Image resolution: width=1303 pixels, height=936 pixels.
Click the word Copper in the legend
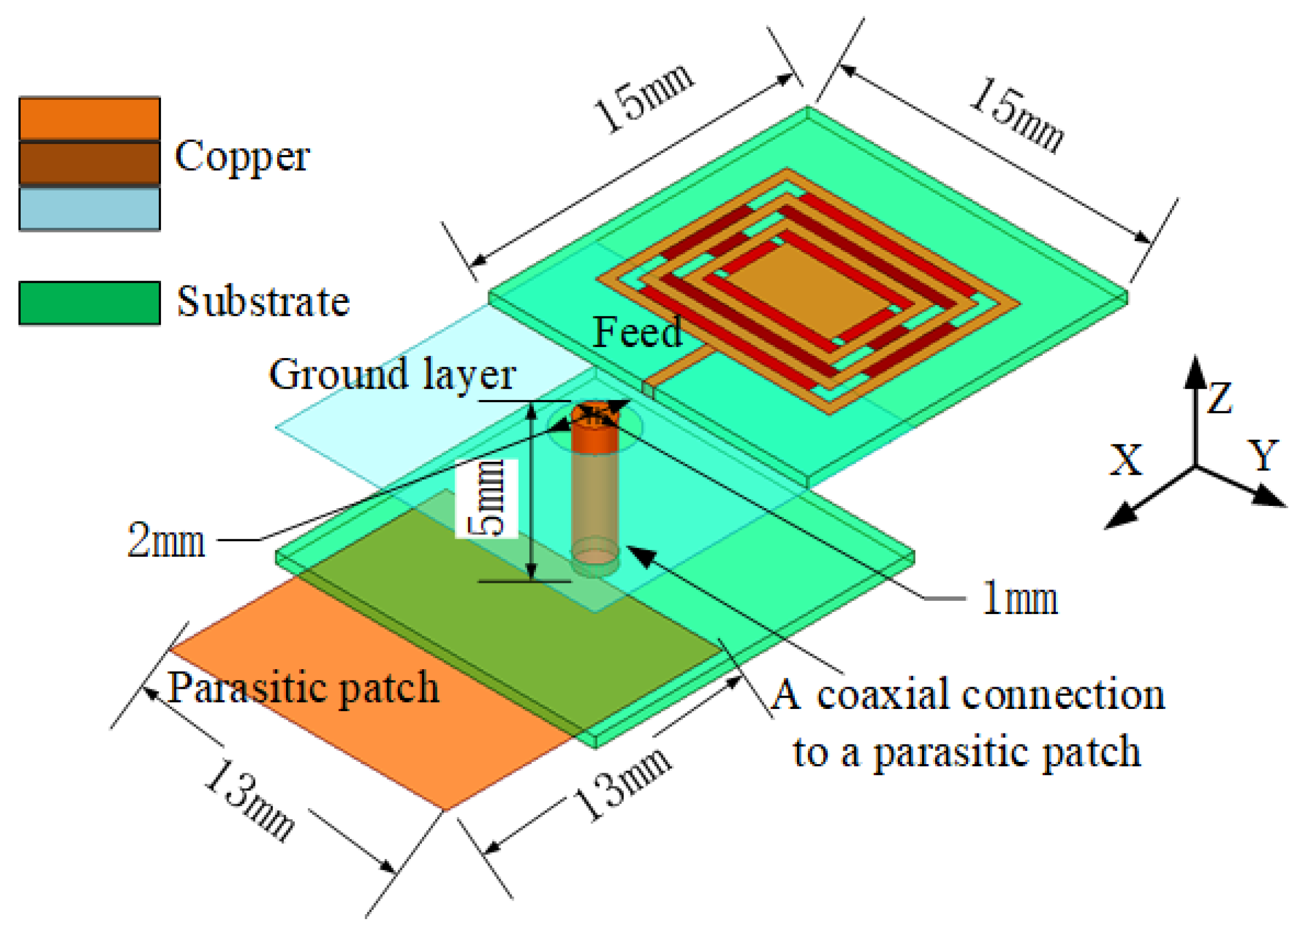tap(242, 156)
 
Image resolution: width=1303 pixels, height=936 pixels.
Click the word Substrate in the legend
tap(263, 301)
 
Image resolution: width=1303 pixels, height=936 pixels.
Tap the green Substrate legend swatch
tap(90, 303)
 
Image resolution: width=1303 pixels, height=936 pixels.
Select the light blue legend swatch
tap(90, 209)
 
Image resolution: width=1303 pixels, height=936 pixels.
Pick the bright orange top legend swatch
tap(90, 118)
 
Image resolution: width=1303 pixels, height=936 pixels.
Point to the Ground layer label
tap(392, 374)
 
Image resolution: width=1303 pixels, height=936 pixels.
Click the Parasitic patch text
tap(303, 687)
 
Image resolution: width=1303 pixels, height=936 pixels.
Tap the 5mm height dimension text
tap(487, 498)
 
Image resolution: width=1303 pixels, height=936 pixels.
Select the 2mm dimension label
tap(165, 540)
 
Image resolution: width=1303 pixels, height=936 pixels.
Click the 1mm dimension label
tap(1019, 598)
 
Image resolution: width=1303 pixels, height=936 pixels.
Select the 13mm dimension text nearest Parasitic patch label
tap(248, 801)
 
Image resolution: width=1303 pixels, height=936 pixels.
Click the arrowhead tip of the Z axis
tap(1195, 359)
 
